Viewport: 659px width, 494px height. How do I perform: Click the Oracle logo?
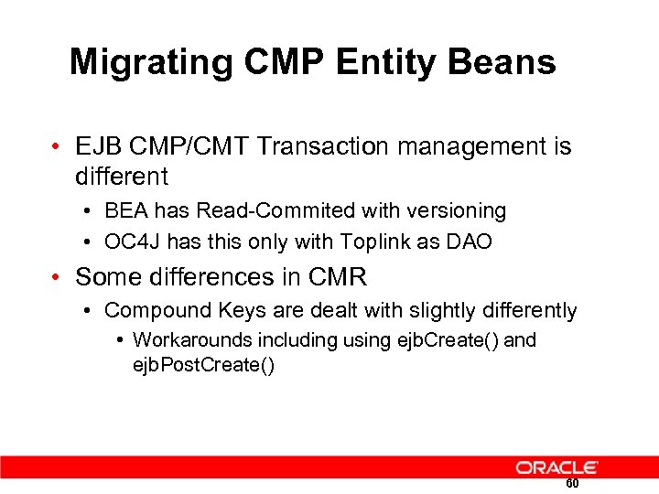(556, 467)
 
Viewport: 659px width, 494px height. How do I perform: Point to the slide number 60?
(572, 484)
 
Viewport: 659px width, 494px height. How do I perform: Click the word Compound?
(150, 311)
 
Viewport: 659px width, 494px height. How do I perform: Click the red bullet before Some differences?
(59, 276)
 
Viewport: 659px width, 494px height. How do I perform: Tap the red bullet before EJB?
(59, 146)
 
